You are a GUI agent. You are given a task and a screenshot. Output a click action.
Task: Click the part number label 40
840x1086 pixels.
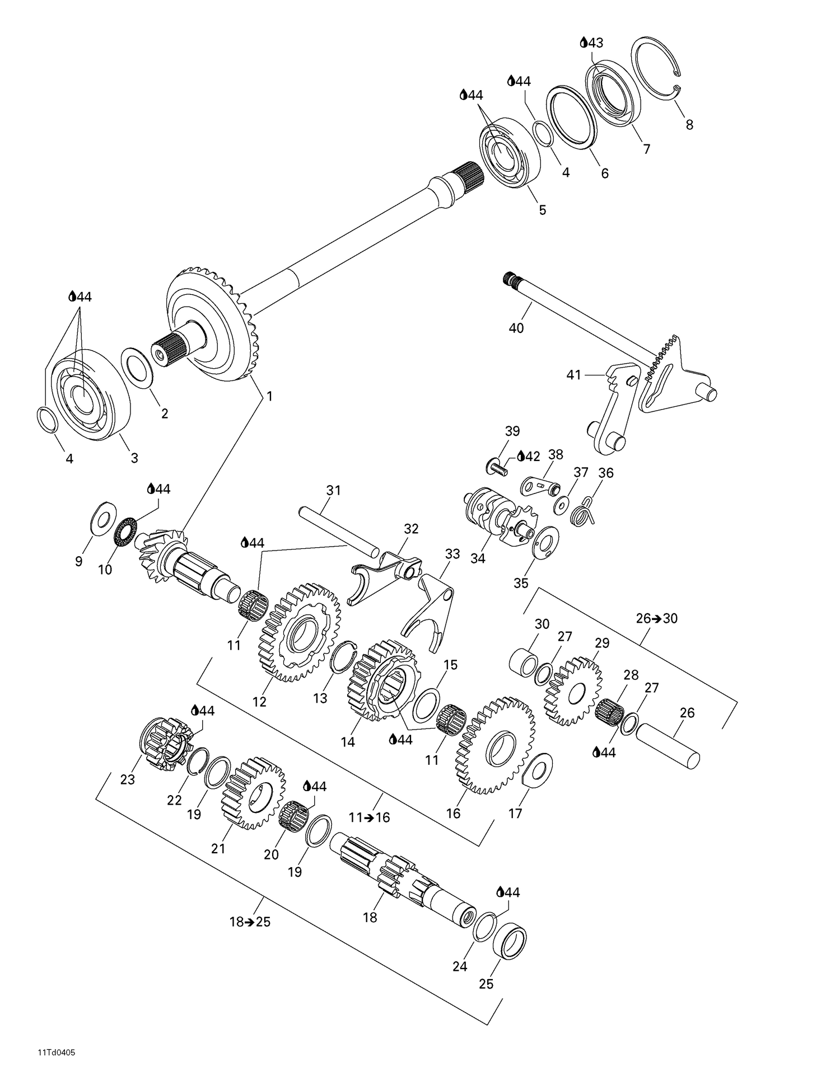(516, 328)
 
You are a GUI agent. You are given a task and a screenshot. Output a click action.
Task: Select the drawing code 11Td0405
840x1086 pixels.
(57, 1052)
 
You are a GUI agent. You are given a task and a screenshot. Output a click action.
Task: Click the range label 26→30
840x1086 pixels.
(656, 618)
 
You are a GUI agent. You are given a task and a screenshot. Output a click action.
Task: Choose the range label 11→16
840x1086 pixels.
(368, 817)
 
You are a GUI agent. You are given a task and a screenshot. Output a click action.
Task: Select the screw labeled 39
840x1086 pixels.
(496, 466)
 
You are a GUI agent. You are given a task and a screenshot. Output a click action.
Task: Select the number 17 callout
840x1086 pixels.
(515, 813)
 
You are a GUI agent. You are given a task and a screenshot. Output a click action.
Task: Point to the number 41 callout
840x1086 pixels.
(573, 375)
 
